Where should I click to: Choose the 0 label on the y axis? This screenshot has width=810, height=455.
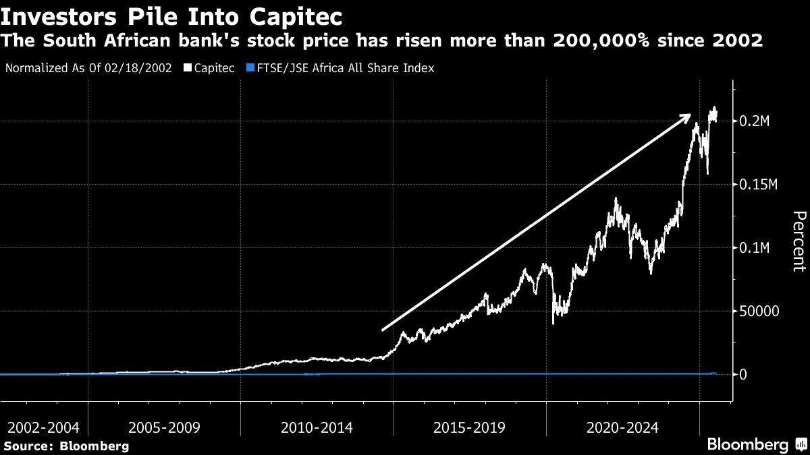(743, 375)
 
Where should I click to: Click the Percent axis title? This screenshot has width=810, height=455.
(799, 241)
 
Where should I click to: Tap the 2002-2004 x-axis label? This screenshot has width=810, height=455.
(43, 427)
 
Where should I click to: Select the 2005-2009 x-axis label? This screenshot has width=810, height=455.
(164, 427)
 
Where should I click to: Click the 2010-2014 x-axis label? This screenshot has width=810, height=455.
(317, 427)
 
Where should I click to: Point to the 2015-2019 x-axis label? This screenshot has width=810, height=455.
(470, 427)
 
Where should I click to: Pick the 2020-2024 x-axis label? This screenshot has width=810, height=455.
(623, 427)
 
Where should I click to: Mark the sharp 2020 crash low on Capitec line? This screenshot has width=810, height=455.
(553, 323)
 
